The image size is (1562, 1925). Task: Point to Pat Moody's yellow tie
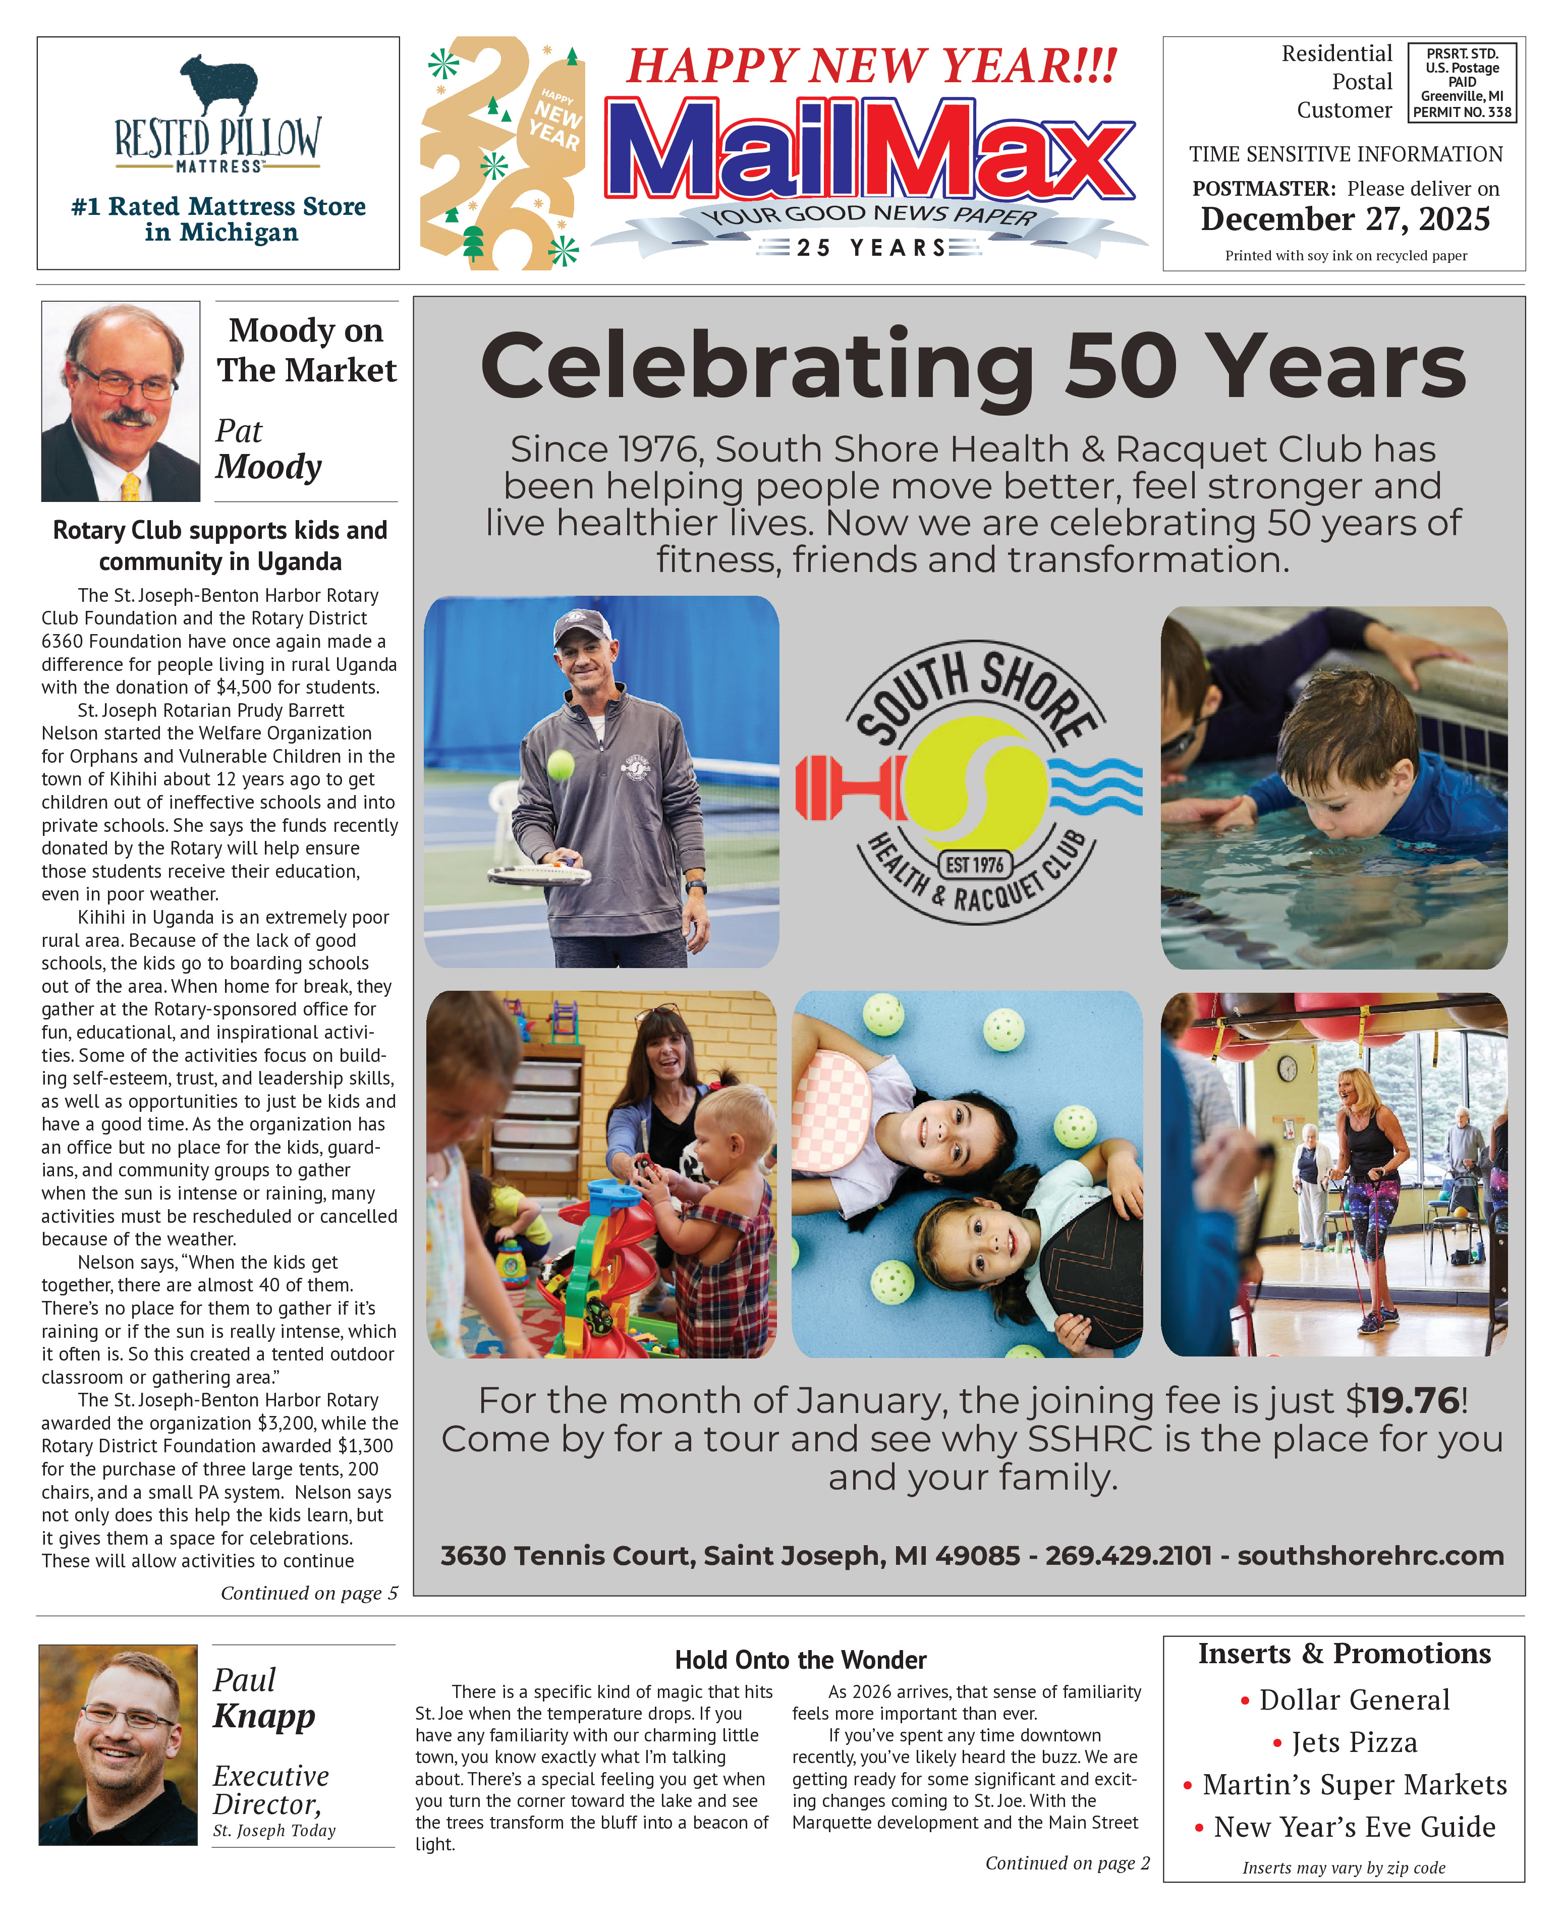tap(131, 486)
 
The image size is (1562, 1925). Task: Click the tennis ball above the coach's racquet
tap(561, 765)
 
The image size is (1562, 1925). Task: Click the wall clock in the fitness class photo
tap(1288, 1068)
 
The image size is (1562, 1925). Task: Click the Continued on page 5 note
tap(309, 1593)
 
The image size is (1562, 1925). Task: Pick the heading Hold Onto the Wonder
tap(800, 1660)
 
